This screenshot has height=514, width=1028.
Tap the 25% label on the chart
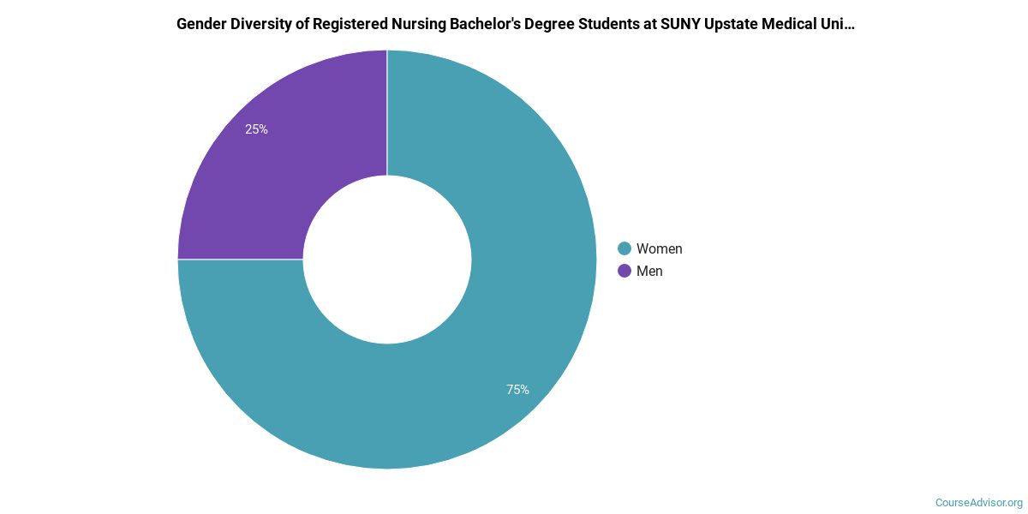point(256,129)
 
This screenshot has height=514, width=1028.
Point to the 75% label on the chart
point(517,390)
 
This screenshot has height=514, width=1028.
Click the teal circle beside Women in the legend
point(625,248)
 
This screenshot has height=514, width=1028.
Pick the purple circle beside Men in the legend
point(625,271)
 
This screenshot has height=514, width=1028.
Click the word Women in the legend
point(659,248)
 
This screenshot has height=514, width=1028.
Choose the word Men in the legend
point(649,271)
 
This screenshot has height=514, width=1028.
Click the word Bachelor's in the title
point(476,24)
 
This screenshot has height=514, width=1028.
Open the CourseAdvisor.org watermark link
point(978,502)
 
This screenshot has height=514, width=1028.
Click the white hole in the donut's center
point(387,260)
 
